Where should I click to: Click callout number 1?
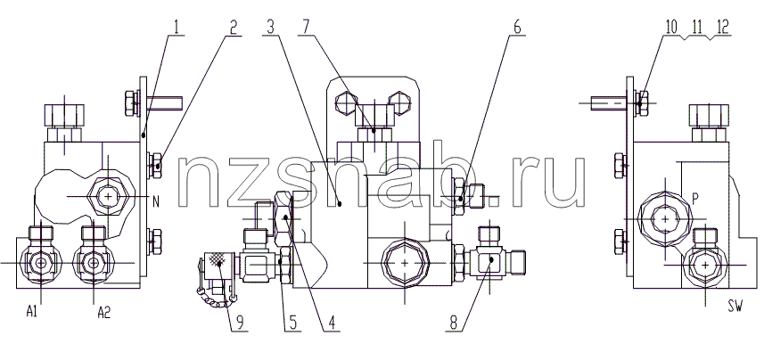point(177,28)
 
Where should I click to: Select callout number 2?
point(234,28)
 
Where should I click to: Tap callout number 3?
point(271,28)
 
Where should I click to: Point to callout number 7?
point(306,28)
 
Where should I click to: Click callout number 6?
point(516,28)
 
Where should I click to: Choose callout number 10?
point(671,28)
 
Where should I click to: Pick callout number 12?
point(722,28)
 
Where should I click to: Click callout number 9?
point(239,323)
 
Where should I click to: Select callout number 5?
point(292,323)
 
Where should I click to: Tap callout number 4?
point(331,323)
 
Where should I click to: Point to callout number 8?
point(454,323)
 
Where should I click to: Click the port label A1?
point(32,313)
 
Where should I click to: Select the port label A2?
point(103,313)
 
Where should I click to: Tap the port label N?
point(156,201)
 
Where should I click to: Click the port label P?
point(696,199)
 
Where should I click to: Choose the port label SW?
point(735,307)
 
